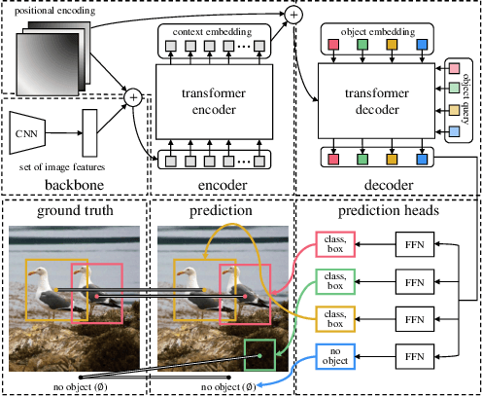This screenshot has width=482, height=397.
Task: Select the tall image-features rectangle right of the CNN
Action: tap(91, 131)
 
